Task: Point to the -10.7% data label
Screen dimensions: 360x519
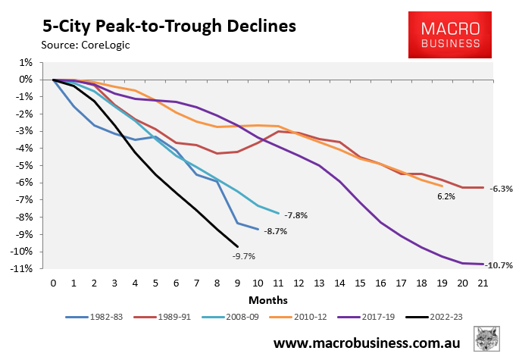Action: (500, 265)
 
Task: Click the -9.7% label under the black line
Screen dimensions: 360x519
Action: (244, 256)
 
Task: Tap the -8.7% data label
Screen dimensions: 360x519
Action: (274, 231)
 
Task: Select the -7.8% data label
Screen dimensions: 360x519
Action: (296, 215)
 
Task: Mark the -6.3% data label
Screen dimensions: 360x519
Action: (502, 188)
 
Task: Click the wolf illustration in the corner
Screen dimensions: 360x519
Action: (488, 341)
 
